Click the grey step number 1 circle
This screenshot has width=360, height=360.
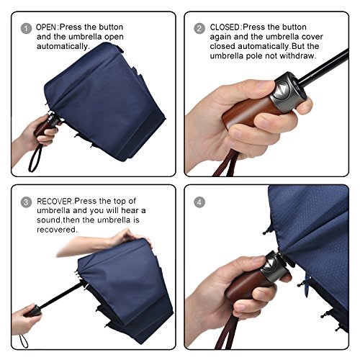(26, 29)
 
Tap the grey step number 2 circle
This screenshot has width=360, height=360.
(199, 29)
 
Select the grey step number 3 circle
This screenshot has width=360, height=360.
(26, 202)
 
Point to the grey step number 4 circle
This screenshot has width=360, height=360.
(199, 202)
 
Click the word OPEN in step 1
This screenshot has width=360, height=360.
(46, 27)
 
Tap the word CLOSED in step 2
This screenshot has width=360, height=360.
(225, 27)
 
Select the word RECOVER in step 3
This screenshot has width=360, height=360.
(54, 201)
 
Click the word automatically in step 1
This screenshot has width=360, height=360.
(62, 46)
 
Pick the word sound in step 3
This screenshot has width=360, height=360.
(49, 220)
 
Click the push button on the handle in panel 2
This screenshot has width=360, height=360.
(282, 90)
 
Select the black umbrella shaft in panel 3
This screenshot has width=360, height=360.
(60, 296)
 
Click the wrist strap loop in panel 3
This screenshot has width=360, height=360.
(24, 341)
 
